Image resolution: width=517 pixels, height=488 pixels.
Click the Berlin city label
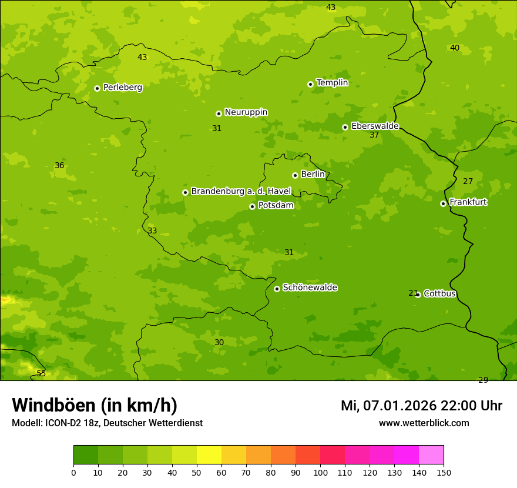(x=313, y=175)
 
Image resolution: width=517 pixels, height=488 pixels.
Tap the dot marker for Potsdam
(x=253, y=206)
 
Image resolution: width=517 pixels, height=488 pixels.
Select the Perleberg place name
(x=122, y=88)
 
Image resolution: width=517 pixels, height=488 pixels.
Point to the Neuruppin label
(x=246, y=112)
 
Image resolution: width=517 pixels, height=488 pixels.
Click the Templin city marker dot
(x=310, y=84)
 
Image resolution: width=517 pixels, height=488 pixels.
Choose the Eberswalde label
(x=375, y=126)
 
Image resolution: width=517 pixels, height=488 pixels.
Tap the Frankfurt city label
(x=468, y=202)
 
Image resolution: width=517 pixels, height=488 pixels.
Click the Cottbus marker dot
(x=418, y=295)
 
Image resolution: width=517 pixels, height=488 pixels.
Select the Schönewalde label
(x=310, y=288)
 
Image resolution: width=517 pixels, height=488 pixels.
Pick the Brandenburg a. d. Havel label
(x=241, y=192)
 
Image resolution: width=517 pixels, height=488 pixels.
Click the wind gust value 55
(x=41, y=373)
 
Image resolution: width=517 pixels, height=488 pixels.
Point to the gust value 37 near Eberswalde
(x=374, y=135)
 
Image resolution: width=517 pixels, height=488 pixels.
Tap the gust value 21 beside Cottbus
(x=413, y=293)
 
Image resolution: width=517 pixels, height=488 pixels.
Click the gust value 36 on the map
(x=59, y=166)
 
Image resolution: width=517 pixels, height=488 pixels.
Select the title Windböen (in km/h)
(x=95, y=405)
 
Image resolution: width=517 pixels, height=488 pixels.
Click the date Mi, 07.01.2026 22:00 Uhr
(x=421, y=406)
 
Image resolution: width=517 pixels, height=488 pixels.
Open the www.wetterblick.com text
(x=424, y=423)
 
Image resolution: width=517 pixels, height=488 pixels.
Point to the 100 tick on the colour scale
(x=320, y=472)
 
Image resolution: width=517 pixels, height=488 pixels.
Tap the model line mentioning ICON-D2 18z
(x=107, y=423)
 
